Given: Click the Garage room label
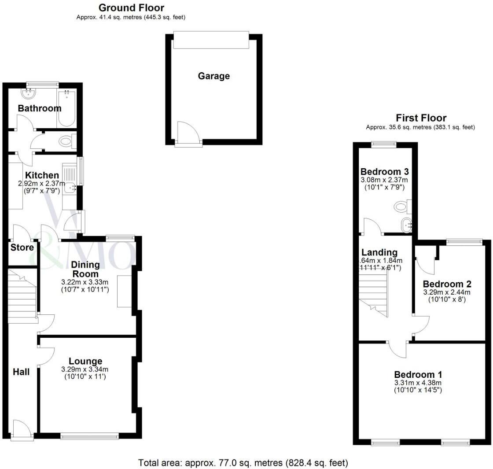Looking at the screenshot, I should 213,76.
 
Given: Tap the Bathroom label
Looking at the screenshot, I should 40,108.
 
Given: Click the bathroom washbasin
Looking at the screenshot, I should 29,93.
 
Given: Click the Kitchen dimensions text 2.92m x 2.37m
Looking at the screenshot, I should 42,184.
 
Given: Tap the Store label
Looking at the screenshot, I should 22,247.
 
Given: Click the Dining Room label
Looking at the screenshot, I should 86,269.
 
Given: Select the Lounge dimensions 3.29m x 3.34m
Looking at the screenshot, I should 85,369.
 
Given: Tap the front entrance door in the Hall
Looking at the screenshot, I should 22,430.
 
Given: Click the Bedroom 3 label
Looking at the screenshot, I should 384,171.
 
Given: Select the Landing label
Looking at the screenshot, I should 379,252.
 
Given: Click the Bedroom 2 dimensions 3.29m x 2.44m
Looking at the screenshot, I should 447,292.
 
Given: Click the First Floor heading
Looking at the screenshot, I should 421,118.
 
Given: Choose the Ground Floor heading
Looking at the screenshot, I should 131,8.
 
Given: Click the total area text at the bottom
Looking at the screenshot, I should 243,463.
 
